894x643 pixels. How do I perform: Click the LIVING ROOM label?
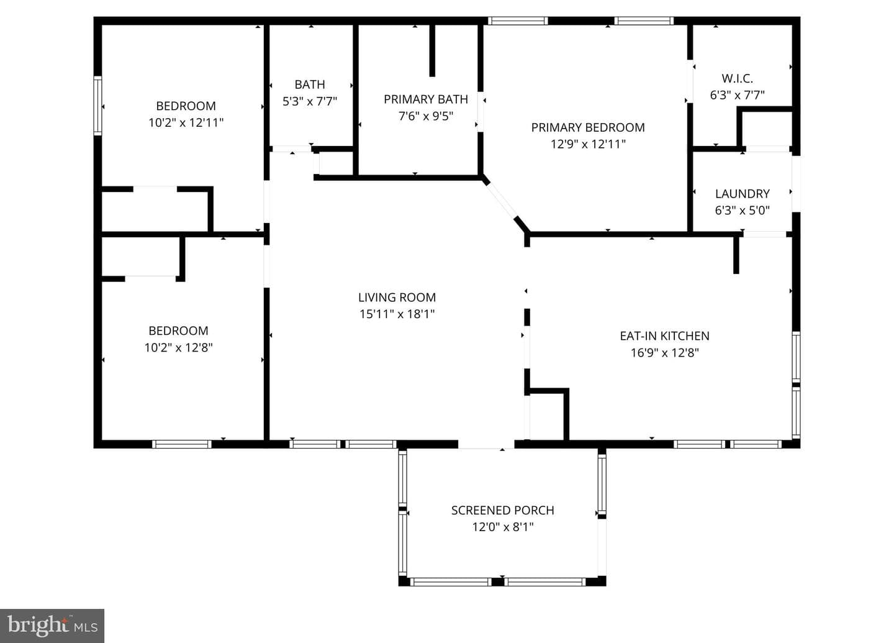[397, 298]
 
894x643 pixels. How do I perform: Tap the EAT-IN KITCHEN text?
[664, 336]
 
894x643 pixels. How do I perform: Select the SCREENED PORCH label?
[502, 511]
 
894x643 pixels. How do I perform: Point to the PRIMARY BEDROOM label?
[588, 128]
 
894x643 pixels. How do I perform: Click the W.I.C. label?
[737, 79]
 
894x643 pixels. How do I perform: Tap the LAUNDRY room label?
[743, 194]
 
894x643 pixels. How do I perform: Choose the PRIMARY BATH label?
[426, 99]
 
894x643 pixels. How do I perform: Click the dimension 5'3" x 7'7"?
[310, 101]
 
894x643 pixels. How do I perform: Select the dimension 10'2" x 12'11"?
[186, 122]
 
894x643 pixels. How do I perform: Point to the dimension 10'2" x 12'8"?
[178, 348]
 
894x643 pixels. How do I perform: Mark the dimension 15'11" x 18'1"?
[397, 314]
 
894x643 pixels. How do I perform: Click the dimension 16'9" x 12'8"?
[664, 353]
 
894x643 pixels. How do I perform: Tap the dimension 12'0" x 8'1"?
[503, 527]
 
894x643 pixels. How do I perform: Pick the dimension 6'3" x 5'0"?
[743, 211]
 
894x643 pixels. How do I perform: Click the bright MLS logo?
[52, 626]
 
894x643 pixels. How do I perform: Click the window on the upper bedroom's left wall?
[98, 106]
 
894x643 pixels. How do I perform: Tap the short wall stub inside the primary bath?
[432, 50]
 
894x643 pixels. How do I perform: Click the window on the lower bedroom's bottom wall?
[181, 444]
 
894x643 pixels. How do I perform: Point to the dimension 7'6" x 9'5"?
[426, 116]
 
